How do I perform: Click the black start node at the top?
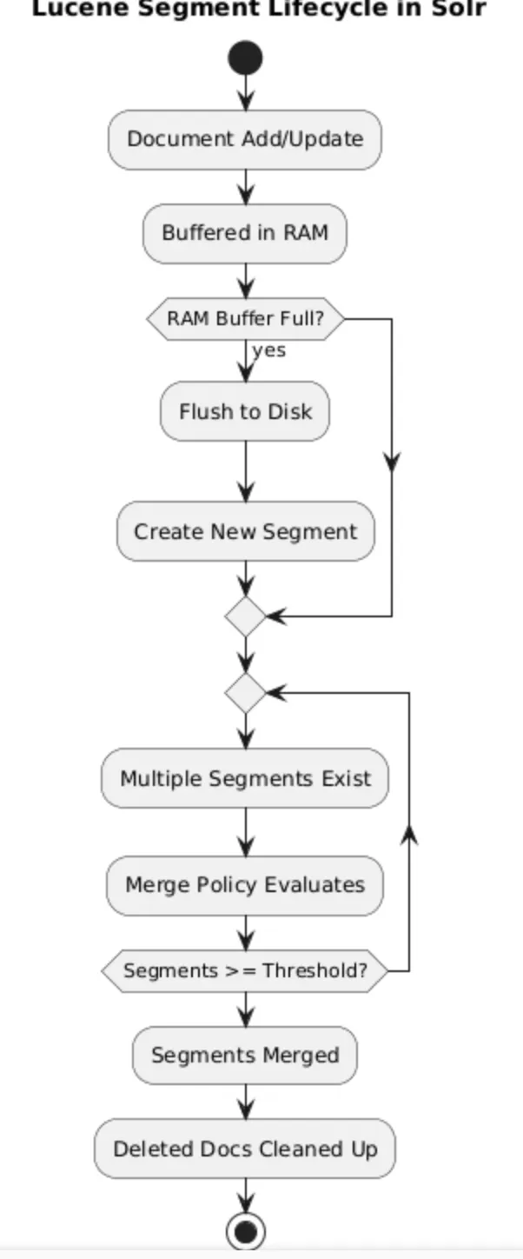(x=245, y=58)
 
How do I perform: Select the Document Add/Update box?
(x=245, y=139)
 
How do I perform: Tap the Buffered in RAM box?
(x=245, y=233)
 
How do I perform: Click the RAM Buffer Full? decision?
(x=245, y=319)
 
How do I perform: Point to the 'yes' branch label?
(x=268, y=350)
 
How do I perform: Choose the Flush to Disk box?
(x=245, y=411)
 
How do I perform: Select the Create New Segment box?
(x=245, y=531)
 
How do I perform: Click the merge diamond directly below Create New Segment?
(x=245, y=616)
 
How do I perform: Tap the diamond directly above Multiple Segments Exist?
(x=245, y=693)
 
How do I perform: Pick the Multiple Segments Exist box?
(x=245, y=778)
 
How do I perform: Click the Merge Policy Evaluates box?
(x=245, y=885)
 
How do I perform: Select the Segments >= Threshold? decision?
(x=245, y=970)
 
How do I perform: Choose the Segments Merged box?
(x=245, y=1056)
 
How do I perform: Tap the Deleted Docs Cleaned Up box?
(x=245, y=1149)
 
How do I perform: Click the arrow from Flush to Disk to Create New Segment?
(x=246, y=471)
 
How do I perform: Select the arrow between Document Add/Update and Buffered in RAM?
(x=246, y=186)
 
